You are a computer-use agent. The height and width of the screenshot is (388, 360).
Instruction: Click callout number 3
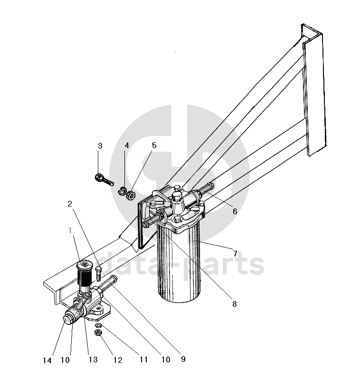[x=100, y=146]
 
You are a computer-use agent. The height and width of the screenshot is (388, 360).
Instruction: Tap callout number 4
[x=127, y=145]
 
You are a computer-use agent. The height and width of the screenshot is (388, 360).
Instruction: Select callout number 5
[x=154, y=145]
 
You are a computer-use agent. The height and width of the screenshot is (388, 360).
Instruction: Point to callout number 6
[x=235, y=211]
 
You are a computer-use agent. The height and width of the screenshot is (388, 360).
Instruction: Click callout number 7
[x=235, y=254]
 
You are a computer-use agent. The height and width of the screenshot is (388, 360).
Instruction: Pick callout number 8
[x=234, y=303]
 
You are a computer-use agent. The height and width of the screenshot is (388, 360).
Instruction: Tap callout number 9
[x=183, y=359]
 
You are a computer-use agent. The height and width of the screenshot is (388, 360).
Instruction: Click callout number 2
[x=70, y=204]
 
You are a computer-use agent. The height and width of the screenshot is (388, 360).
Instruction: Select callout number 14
[x=47, y=360]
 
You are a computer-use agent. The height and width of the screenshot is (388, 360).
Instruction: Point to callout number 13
[x=93, y=360]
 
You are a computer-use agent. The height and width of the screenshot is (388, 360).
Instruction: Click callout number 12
[x=118, y=360]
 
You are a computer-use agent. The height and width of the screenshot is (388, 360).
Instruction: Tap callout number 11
[x=143, y=360]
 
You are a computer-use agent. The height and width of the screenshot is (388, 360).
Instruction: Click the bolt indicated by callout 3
[x=104, y=180]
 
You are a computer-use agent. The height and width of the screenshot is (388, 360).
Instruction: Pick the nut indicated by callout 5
[x=131, y=195]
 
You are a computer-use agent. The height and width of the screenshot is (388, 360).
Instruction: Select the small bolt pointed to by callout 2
[x=98, y=274]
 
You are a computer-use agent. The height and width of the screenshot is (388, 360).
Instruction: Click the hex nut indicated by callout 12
[x=98, y=332]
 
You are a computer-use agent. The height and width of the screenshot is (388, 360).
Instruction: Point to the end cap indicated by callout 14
[x=67, y=319]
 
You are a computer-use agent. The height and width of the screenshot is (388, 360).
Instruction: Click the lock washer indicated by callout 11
[x=98, y=325]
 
